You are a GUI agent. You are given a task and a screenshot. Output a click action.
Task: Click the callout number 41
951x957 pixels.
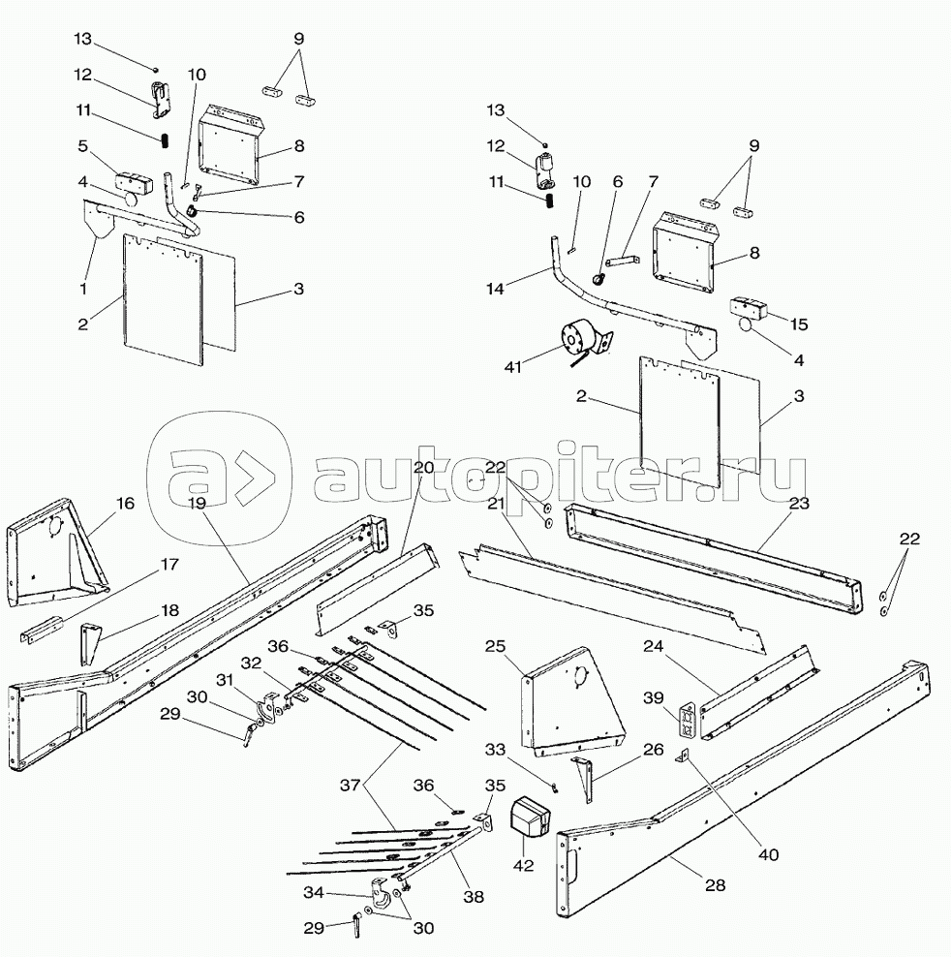coord(512,367)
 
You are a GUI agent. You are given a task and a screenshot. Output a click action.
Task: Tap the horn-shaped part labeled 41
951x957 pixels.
coord(578,342)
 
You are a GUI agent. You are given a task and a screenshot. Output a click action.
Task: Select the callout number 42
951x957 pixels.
coord(524,867)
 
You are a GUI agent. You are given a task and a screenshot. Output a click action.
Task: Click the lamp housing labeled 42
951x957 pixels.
coord(529,817)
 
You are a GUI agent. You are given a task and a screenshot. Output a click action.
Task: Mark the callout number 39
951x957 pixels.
coord(655,698)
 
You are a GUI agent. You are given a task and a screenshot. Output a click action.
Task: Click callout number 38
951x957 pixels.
coord(474,897)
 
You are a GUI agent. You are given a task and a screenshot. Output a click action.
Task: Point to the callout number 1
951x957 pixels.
coord(84,288)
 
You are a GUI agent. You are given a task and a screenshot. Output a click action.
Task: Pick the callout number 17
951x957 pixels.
coord(169,564)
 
